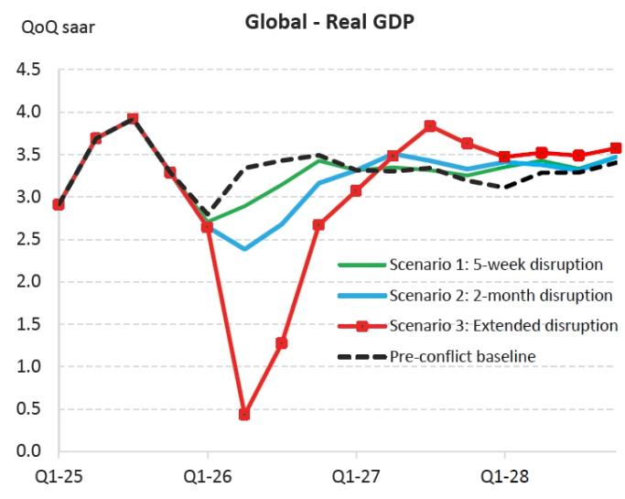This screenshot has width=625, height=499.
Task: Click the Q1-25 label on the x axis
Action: click(x=59, y=476)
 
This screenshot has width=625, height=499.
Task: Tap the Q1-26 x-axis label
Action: click(x=208, y=476)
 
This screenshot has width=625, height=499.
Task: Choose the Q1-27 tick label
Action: click(x=356, y=476)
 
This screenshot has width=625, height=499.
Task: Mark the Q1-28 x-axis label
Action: click(x=504, y=476)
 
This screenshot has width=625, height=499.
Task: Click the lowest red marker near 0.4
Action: click(x=244, y=415)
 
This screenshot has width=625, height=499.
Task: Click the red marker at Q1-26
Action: click(x=208, y=227)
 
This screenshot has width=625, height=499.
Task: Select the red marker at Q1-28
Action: click(x=504, y=157)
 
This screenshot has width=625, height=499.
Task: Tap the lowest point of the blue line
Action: click(x=244, y=249)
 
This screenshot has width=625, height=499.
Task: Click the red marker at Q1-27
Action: click(x=356, y=190)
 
